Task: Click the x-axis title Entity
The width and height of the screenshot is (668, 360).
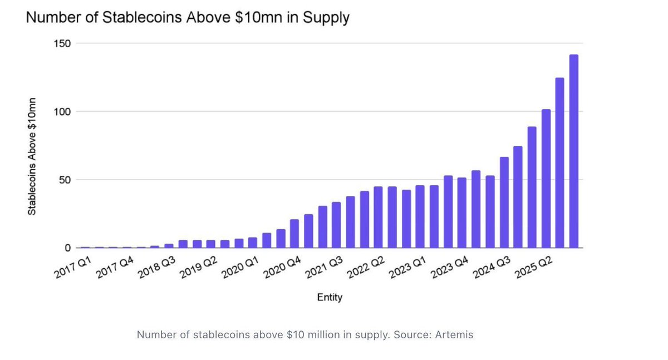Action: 330,298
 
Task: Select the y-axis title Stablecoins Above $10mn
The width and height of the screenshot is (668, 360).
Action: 32,156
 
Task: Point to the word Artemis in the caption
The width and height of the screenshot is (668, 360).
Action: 455,335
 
